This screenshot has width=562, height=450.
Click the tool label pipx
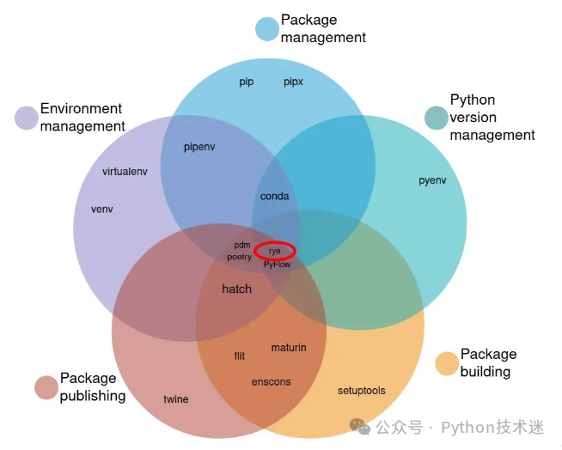pos(293,82)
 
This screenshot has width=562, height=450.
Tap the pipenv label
pos(199,147)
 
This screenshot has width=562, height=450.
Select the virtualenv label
pos(125,172)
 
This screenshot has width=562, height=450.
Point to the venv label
pos(101,210)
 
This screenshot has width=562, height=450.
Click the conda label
pos(274,196)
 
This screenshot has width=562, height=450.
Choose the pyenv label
pos(432,180)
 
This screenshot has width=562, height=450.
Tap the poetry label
pos(240,257)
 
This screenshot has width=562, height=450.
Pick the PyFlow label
pos(277,265)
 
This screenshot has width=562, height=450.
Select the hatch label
pos(236,289)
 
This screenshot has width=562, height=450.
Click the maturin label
pos(289,348)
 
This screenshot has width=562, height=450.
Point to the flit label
pos(240,356)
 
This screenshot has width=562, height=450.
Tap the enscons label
pos(271,382)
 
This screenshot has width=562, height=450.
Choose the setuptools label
pos(361,391)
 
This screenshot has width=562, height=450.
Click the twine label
pos(176,399)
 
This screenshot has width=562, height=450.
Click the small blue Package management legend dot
pos(267,29)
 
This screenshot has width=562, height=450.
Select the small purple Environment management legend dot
pos(27,118)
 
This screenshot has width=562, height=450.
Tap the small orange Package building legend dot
pos(447,363)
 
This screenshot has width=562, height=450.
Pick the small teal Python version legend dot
pos(437,118)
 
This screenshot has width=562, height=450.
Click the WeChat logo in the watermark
pos(359,426)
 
